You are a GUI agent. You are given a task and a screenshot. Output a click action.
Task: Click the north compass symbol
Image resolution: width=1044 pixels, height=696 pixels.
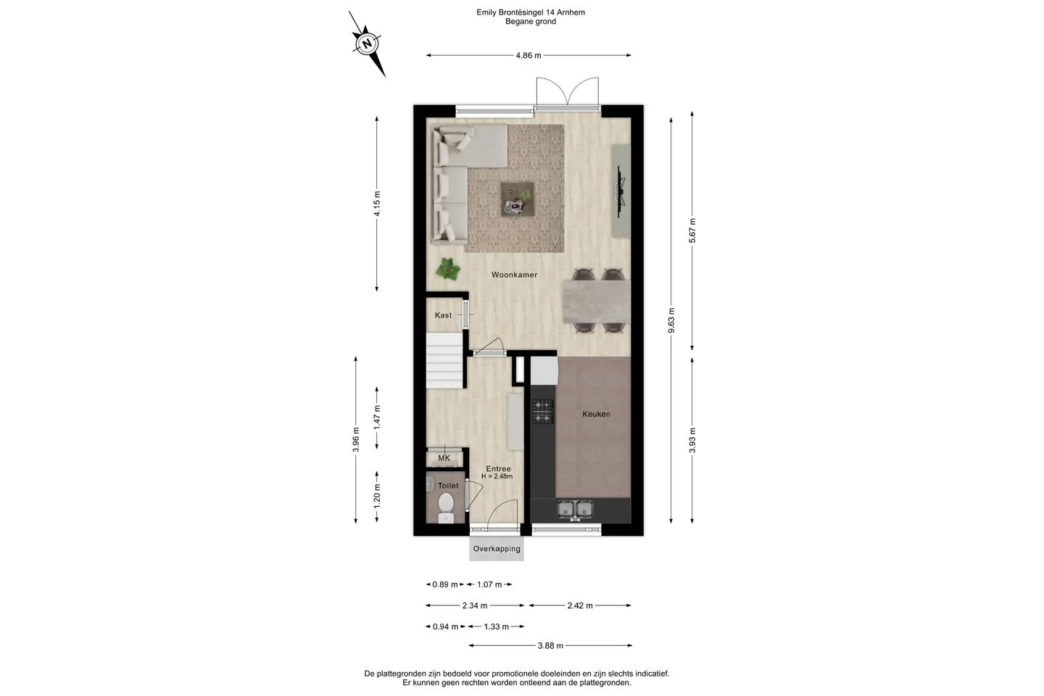click(x=368, y=43)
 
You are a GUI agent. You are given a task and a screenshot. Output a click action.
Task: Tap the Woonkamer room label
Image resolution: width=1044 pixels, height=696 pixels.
click(x=514, y=275)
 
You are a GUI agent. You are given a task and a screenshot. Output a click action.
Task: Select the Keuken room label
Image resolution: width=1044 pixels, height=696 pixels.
click(x=596, y=414)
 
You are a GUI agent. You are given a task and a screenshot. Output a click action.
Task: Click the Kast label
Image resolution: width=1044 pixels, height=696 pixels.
click(x=443, y=315)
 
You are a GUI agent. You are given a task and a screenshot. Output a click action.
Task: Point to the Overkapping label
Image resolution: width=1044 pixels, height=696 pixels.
click(x=497, y=549)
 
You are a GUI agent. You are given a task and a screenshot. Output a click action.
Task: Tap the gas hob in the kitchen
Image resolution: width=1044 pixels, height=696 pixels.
click(x=543, y=411)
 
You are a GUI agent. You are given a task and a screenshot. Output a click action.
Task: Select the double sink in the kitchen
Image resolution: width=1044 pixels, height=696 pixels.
click(x=575, y=509)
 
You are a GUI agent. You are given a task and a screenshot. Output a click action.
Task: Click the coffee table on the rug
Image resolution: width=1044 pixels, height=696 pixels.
click(x=518, y=199)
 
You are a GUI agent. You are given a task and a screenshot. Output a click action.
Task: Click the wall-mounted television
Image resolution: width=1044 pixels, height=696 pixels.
click(x=620, y=191)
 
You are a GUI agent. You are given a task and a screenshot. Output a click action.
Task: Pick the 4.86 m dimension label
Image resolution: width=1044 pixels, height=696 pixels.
click(x=529, y=56)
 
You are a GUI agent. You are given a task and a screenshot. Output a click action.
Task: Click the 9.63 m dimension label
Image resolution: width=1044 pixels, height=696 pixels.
click(x=671, y=320)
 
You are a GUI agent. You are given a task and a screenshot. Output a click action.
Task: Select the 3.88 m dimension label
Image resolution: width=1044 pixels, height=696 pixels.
click(x=550, y=646)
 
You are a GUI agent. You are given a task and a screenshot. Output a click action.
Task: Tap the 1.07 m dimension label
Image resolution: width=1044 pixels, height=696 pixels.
click(x=489, y=584)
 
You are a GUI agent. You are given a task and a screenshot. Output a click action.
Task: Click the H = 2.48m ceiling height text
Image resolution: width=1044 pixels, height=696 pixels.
click(x=497, y=476)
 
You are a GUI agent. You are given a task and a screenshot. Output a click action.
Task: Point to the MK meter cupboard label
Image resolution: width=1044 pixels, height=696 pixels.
click(x=444, y=458)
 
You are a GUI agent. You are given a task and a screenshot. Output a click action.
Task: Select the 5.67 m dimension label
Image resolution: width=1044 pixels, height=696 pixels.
click(x=692, y=231)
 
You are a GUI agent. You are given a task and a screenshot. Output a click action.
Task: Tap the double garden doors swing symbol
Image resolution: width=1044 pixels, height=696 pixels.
click(x=567, y=91)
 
